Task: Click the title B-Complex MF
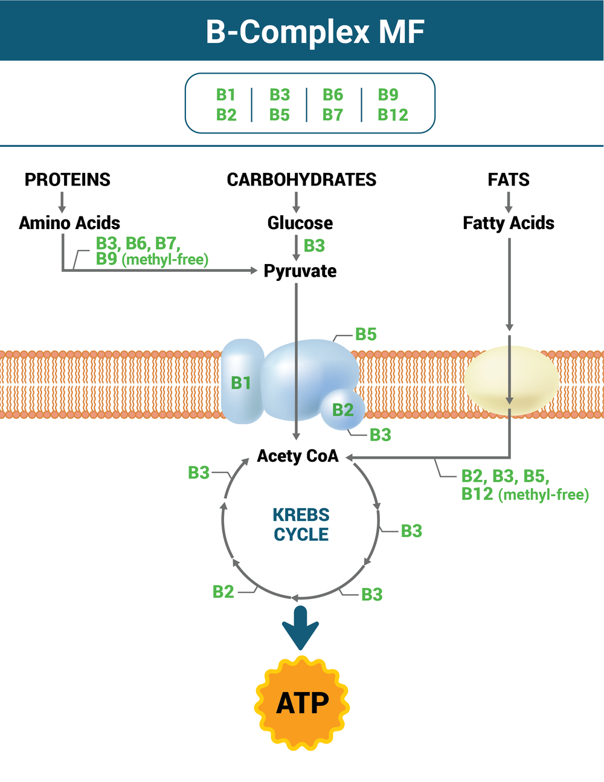[x=315, y=31]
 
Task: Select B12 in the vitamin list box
[x=393, y=115]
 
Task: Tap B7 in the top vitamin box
[x=333, y=115]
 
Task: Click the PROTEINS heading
[x=67, y=179]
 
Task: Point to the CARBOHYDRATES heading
[x=301, y=179]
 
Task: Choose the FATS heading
[x=509, y=179]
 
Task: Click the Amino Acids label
[x=69, y=223]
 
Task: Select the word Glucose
[x=300, y=223]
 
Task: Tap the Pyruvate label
[x=300, y=271]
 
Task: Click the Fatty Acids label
[x=509, y=223]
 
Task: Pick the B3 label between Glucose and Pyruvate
[x=314, y=246]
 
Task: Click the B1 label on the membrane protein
[x=241, y=383]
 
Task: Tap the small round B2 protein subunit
[x=342, y=410]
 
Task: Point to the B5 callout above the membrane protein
[x=365, y=334]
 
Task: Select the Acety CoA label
[x=298, y=456]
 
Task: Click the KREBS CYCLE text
[x=301, y=525]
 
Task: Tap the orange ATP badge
[x=302, y=703]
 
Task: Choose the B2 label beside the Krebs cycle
[x=223, y=592]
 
